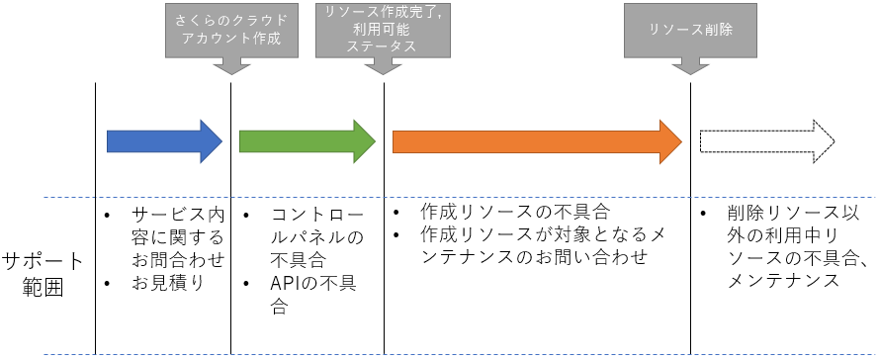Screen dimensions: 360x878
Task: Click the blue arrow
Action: pyautogui.click(x=164, y=141)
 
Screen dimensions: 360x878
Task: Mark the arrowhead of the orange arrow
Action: pyautogui.click(x=669, y=141)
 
